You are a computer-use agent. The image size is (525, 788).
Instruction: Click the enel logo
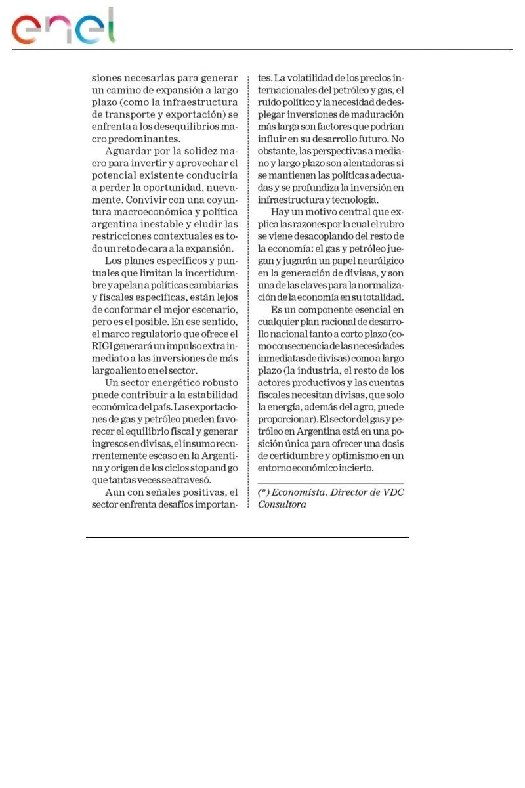point(63,27)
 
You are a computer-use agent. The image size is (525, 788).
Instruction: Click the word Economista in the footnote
point(303,492)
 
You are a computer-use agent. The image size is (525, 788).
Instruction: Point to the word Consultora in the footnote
point(282,504)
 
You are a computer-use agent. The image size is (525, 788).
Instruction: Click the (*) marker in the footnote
point(264,492)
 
